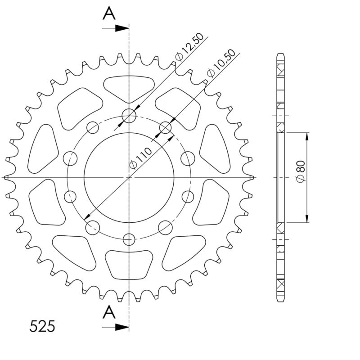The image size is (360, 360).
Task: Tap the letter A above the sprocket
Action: (109, 14)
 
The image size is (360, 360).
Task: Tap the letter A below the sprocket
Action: (109, 311)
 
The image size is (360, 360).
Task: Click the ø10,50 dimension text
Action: (219, 65)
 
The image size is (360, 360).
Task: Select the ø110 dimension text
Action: (140, 158)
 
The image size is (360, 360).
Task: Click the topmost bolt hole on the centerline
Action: (129, 116)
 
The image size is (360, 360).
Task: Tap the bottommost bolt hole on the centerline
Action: (130, 239)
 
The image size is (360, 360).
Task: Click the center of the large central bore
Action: (129, 177)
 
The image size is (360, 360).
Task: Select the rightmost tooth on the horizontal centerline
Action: (252, 178)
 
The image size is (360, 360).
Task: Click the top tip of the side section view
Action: (280, 54)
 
